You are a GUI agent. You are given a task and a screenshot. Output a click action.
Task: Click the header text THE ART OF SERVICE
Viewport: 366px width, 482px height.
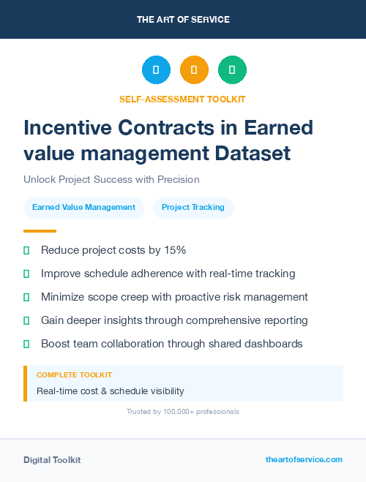click(x=183, y=19)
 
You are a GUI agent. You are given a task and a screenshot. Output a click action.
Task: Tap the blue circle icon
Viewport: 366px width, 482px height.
click(x=156, y=70)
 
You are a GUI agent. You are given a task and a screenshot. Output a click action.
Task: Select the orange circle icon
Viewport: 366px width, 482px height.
click(x=194, y=70)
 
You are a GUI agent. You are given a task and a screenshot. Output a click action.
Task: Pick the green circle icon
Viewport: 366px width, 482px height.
click(x=232, y=70)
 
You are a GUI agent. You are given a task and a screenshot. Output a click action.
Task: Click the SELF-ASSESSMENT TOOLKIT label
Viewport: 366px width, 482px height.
click(x=182, y=99)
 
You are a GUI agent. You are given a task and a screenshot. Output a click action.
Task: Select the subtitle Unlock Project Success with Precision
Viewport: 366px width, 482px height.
click(x=111, y=179)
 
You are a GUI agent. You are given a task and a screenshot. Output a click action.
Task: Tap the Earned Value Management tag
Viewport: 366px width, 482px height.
click(x=83, y=208)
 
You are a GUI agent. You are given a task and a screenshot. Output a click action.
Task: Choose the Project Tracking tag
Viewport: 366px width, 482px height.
click(x=193, y=208)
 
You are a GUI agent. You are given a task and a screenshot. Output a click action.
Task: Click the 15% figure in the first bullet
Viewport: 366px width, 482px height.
click(x=174, y=250)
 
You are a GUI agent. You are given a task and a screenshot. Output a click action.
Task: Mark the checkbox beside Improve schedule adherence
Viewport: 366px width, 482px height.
click(x=26, y=274)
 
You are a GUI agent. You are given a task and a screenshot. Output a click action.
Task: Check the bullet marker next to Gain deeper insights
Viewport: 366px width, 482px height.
click(x=26, y=320)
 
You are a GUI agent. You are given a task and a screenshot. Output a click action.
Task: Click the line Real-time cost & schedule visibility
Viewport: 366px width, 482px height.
click(x=110, y=391)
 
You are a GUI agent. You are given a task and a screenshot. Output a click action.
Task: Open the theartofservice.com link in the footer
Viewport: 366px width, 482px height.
click(x=304, y=459)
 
